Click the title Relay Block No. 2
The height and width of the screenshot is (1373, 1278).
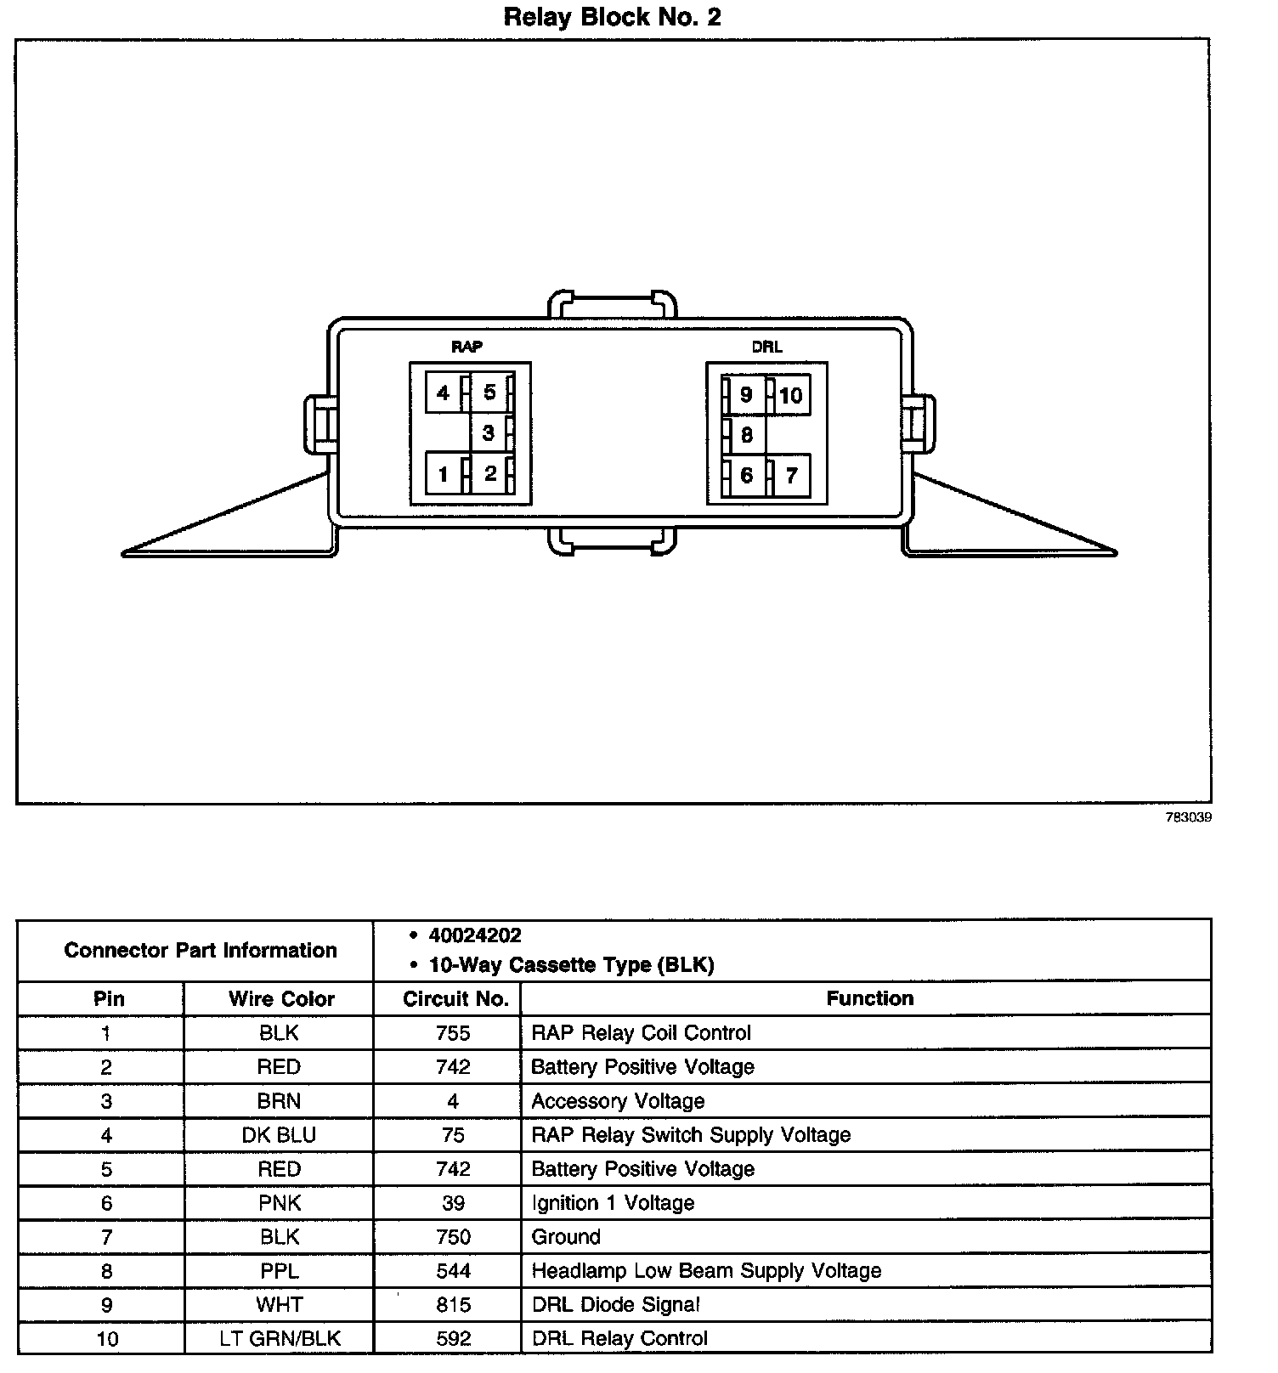[612, 18]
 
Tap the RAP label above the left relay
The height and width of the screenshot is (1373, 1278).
[467, 347]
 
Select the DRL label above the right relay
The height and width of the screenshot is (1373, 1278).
[766, 347]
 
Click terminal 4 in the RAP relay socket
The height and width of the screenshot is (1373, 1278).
[443, 393]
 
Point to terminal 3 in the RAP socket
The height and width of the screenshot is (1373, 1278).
[488, 433]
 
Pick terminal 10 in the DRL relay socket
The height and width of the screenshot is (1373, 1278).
[790, 395]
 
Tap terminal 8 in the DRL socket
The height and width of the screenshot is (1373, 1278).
[746, 435]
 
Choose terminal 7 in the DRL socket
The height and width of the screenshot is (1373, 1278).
[791, 475]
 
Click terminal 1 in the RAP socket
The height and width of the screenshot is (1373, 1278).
[443, 474]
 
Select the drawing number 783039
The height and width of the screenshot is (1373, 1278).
[1188, 817]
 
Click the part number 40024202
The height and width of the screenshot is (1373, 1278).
[475, 935]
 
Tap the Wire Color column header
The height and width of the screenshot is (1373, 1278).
[280, 999]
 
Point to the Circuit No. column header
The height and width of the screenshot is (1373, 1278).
[455, 999]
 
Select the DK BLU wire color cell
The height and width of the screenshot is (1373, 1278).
[279, 1135]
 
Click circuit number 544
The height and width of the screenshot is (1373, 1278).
[453, 1271]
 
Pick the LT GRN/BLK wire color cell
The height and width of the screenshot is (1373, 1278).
[279, 1339]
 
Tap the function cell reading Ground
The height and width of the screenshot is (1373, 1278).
[566, 1237]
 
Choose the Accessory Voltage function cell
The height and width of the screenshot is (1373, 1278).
[618, 1101]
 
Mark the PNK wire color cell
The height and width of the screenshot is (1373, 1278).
[279, 1203]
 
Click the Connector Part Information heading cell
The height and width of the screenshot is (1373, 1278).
[200, 950]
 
